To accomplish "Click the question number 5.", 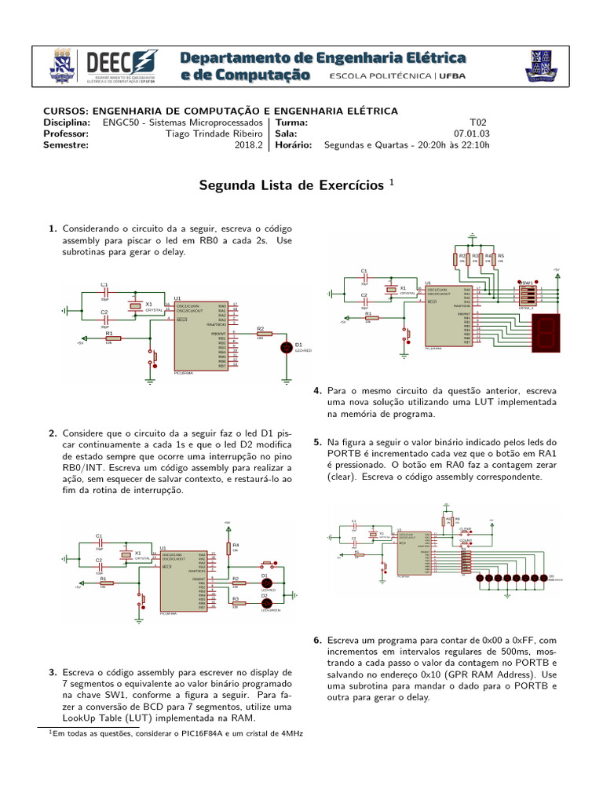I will coord(316,442).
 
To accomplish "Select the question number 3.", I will coord(52,673).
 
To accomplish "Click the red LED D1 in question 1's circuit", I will coord(286,345).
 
